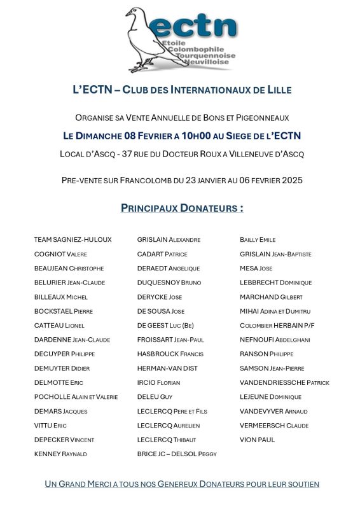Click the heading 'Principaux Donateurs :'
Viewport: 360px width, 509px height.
182,208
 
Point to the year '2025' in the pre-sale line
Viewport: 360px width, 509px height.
289,180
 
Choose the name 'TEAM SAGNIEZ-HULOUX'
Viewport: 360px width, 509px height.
73,240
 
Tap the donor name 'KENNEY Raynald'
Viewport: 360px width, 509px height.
60,454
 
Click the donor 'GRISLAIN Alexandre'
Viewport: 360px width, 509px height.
169,240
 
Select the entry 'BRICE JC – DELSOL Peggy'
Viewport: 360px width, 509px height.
177,454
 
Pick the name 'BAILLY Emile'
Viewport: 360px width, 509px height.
258,240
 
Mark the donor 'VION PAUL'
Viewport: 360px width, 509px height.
257,440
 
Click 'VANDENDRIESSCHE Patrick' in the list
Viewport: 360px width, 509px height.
284,383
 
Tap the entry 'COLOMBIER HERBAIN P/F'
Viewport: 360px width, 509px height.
277,326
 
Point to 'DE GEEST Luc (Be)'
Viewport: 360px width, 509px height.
165,326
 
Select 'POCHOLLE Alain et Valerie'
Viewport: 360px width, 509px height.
76,397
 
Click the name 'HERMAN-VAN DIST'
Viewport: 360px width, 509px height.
167,368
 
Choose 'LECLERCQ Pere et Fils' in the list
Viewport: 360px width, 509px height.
172,411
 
